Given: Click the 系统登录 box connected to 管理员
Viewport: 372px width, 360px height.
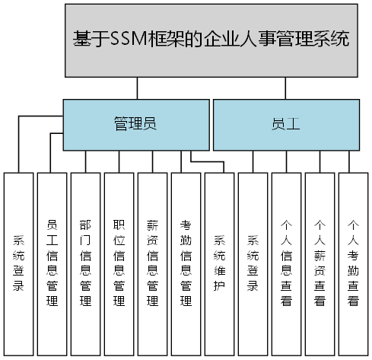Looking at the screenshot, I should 19,263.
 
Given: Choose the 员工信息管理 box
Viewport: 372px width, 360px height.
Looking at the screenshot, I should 52,263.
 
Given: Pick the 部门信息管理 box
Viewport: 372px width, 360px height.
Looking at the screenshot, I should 85,263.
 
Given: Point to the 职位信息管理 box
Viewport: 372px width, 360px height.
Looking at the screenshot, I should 119,263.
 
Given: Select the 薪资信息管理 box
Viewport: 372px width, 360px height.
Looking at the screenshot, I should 152,263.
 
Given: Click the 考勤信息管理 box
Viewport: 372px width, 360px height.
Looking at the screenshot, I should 186,263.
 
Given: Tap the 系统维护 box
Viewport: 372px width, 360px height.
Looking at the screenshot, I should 219,263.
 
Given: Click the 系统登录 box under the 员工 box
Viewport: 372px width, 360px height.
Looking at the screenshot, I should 253,263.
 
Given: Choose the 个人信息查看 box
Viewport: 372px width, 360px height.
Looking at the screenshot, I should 286,263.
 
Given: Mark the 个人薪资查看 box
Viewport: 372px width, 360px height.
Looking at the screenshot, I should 320,263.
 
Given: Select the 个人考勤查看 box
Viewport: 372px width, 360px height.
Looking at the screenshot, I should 353,263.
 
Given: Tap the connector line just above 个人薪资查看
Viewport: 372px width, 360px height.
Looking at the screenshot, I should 320,161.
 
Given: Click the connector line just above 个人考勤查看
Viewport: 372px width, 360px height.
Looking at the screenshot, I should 352,161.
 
